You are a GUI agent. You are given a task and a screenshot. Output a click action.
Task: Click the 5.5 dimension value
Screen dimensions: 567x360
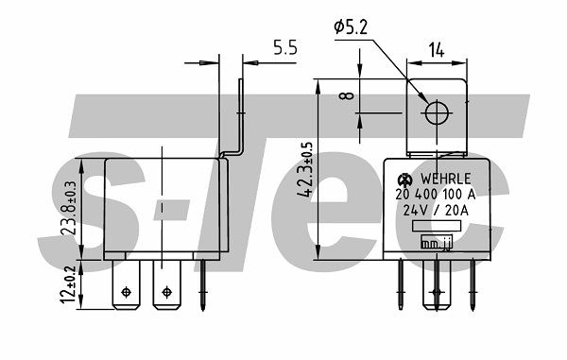(285, 47)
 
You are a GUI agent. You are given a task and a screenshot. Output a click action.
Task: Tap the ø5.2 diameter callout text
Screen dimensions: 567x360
(351, 26)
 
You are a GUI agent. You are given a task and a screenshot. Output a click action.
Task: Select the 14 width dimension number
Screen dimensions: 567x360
(437, 50)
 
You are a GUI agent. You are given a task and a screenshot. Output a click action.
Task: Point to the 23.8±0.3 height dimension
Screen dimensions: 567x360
(69, 208)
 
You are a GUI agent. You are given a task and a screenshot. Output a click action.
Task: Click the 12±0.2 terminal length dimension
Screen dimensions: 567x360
(69, 284)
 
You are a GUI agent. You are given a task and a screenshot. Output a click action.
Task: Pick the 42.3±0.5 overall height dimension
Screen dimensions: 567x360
(304, 170)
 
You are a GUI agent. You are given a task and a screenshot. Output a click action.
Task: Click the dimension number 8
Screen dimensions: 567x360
(347, 95)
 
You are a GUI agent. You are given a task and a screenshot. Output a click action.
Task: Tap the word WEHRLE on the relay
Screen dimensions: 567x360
(445, 179)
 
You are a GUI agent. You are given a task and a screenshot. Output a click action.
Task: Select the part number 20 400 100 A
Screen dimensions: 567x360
(435, 195)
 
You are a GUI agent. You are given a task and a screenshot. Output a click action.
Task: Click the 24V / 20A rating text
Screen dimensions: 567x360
(436, 211)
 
